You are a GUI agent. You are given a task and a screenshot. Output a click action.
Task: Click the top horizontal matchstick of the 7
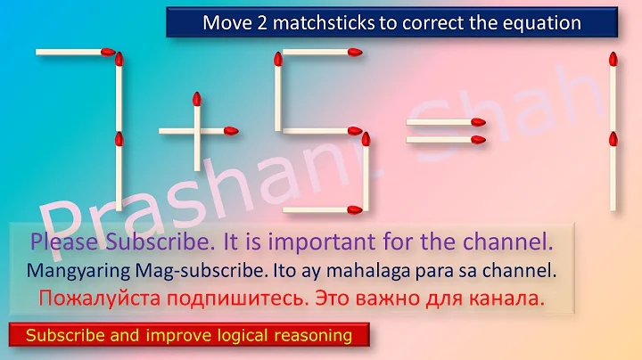click(x=75, y=53)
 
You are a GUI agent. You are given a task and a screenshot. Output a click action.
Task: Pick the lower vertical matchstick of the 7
click(x=118, y=174)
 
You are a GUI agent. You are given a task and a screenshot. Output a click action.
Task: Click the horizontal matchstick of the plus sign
click(x=198, y=131)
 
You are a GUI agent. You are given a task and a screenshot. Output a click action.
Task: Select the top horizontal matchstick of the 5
click(x=319, y=53)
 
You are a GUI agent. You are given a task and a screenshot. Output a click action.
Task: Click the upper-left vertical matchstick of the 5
click(x=278, y=91)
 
